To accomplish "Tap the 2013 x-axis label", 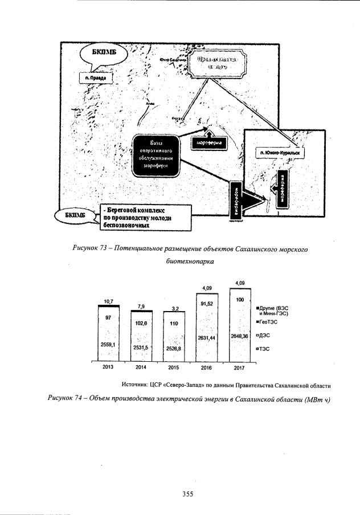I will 108,367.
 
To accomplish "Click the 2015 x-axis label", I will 174,367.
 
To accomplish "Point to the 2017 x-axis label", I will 239,367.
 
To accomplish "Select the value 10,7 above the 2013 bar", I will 108,301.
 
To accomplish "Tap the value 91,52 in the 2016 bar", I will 207,304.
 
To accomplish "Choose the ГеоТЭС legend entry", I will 272,321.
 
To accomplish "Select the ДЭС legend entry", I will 269,336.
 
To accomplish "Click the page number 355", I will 189,494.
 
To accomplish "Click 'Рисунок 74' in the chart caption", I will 67,398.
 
